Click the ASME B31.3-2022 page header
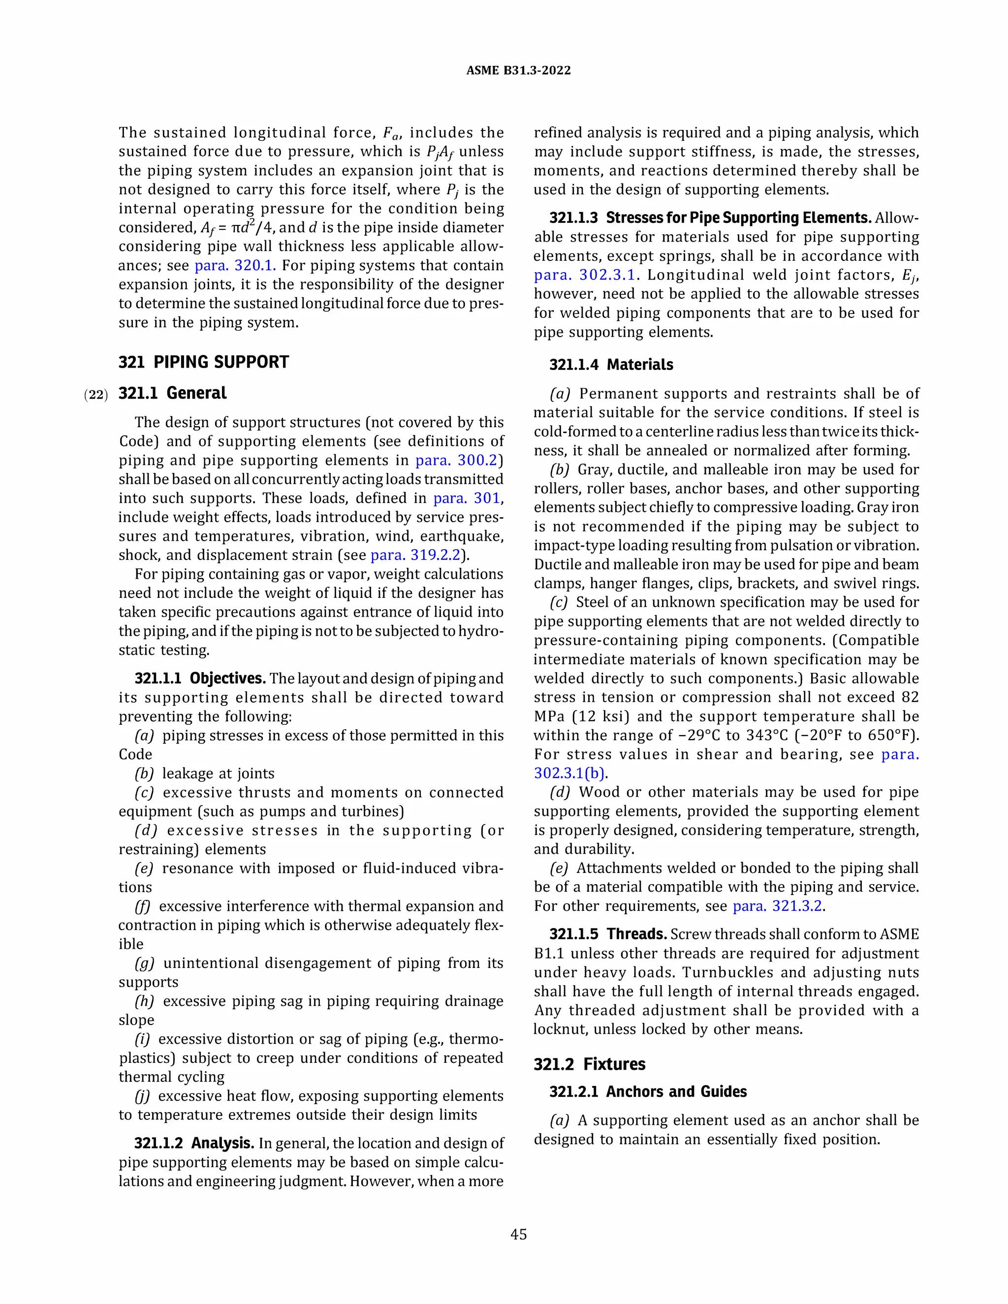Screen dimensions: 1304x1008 pos(518,70)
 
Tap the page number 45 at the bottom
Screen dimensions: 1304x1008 pos(518,1234)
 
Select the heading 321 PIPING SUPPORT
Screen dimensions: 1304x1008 pos(204,362)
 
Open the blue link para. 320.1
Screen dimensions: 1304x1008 pos(235,265)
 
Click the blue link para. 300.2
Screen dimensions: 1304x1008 pos(457,461)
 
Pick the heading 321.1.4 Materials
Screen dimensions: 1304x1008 pos(611,365)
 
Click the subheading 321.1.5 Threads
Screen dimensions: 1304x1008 pos(607,934)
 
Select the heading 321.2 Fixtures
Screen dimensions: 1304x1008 pos(589,1064)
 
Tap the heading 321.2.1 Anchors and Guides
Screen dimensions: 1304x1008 pos(647,1091)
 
